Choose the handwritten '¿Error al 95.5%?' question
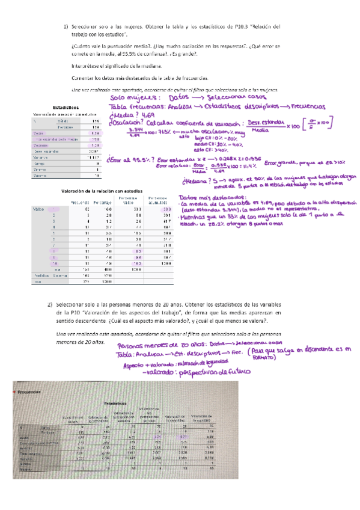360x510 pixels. coord(129,161)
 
